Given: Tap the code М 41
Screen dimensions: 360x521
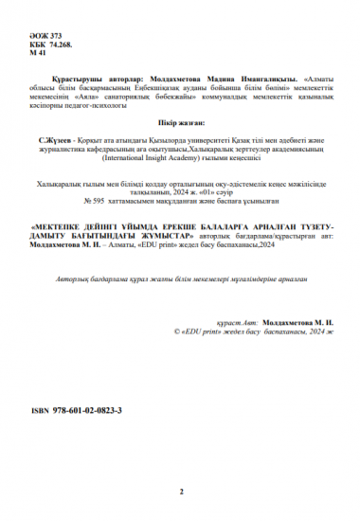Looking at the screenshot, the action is point(42,55).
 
